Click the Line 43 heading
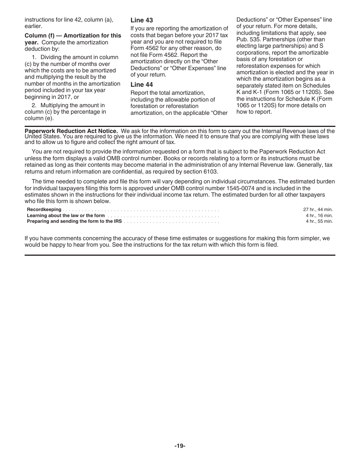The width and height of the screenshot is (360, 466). [x=142, y=20]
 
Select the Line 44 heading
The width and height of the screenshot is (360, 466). [x=142, y=84]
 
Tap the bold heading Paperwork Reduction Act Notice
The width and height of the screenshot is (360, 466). [x=71, y=131]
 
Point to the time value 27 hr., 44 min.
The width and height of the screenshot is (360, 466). [x=318, y=210]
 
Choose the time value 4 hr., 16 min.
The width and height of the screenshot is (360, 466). [x=319, y=216]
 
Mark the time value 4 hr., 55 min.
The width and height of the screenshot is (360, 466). [x=319, y=221]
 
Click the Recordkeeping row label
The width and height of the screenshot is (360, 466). [x=44, y=210]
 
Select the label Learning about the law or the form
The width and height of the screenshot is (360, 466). [x=66, y=216]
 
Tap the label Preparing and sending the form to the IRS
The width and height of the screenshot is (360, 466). [x=74, y=221]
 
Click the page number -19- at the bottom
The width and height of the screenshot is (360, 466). [x=180, y=446]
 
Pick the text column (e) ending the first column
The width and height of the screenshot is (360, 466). [x=39, y=118]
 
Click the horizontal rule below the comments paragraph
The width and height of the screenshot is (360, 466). [x=180, y=255]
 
